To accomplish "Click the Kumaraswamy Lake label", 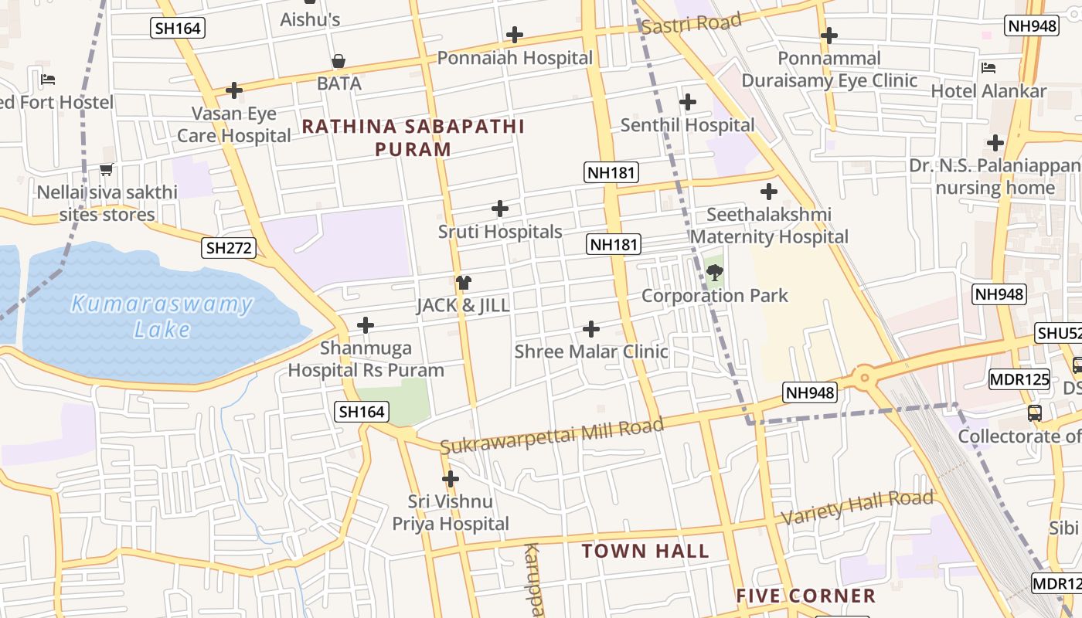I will [161, 316].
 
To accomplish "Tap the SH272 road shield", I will [229, 248].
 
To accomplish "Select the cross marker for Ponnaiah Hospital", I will [514, 35].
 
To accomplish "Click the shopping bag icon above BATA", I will [339, 61].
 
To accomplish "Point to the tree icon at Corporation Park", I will [715, 272].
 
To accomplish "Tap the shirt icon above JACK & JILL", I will [463, 283].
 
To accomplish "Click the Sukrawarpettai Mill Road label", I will [552, 436].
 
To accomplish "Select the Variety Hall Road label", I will [858, 507].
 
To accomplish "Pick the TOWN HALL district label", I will [645, 551].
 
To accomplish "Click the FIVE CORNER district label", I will [805, 596].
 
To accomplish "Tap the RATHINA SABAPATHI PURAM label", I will [413, 138].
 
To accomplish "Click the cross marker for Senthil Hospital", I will [687, 102].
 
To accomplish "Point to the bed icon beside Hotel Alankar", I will [988, 68].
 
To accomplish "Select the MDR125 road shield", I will [1019, 379].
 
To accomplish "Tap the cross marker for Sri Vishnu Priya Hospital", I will [450, 479].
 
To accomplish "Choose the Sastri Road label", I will [692, 24].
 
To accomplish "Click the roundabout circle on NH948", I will [863, 379].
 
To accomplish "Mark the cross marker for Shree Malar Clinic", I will [590, 330].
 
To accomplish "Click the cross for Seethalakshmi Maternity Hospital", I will [768, 192].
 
